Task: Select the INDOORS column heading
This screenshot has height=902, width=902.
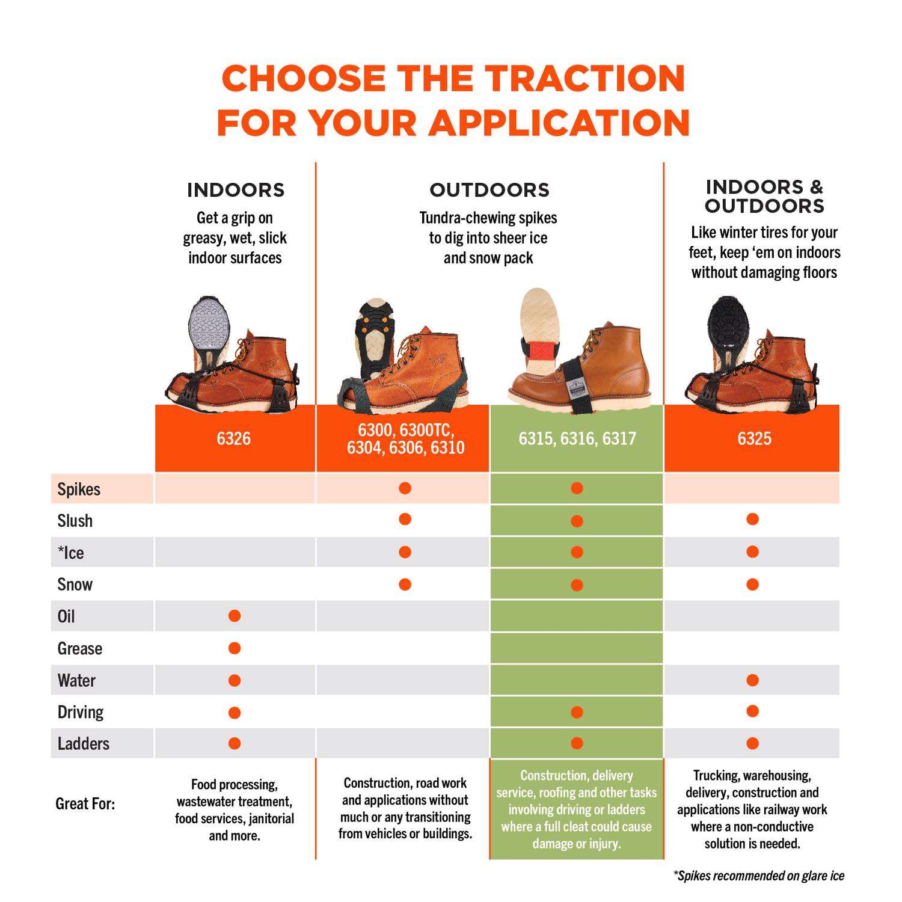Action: pyautogui.click(x=236, y=190)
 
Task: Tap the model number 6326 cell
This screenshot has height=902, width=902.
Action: pyautogui.click(x=234, y=438)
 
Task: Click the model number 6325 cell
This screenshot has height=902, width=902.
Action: pyautogui.click(x=754, y=438)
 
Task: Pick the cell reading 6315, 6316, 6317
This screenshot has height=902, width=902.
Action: pyautogui.click(x=577, y=438)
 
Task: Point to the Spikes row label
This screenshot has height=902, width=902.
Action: pyautogui.click(x=79, y=489)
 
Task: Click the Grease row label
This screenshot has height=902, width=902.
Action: pyautogui.click(x=80, y=648)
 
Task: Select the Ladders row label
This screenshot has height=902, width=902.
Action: pyautogui.click(x=84, y=743)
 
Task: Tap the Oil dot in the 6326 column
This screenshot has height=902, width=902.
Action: pyautogui.click(x=235, y=616)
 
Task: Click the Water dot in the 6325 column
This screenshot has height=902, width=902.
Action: pyautogui.click(x=752, y=680)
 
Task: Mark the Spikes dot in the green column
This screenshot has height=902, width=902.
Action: pyautogui.click(x=577, y=488)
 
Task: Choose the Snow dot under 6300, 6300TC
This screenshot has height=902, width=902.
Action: pyautogui.click(x=405, y=584)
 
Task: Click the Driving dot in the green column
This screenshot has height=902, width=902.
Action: pyautogui.click(x=577, y=713)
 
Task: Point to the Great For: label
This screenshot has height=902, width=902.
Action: pyautogui.click(x=85, y=804)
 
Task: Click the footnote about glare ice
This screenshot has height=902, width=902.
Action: pyautogui.click(x=759, y=876)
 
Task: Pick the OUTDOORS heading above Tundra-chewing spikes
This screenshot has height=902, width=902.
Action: pyautogui.click(x=489, y=190)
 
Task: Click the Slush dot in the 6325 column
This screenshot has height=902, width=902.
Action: pyautogui.click(x=752, y=519)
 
